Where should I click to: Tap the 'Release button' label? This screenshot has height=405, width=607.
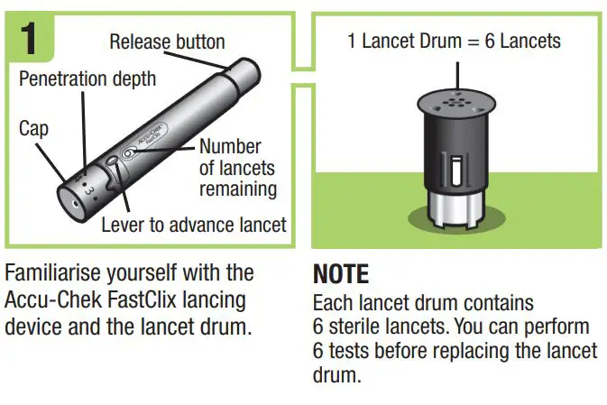(167, 41)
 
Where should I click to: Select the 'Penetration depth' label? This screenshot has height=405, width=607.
(87, 78)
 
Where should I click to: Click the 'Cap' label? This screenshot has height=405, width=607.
(33, 129)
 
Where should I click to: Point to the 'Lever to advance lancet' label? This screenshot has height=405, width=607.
(193, 225)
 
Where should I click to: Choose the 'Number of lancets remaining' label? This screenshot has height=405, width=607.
(237, 168)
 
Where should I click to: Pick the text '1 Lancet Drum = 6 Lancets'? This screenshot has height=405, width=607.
(455, 41)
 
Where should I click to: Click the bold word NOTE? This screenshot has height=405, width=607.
(341, 274)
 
